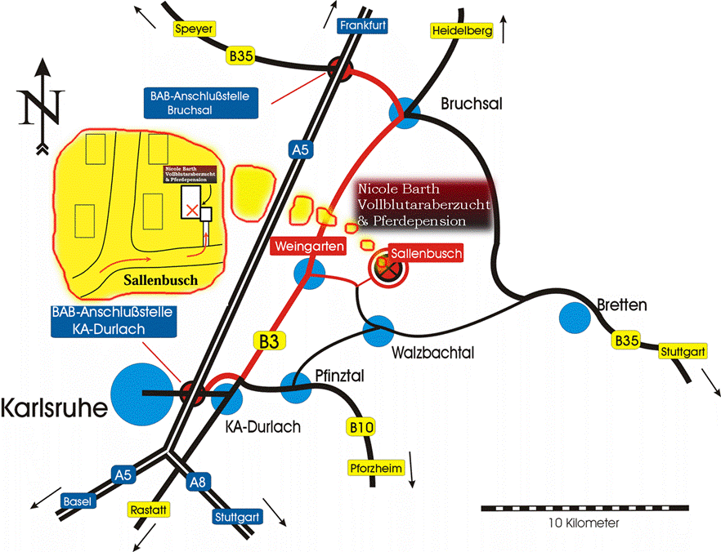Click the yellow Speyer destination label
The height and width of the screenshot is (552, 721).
[195, 29]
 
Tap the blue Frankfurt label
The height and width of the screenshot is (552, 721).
[362, 26]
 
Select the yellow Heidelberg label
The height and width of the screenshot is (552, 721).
[460, 31]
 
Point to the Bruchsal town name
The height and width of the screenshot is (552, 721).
[471, 105]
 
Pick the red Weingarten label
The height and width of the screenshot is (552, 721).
[309, 246]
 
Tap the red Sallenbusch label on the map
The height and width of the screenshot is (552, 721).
[425, 253]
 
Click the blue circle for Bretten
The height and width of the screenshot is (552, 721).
[572, 317]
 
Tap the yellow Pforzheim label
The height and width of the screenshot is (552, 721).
[374, 469]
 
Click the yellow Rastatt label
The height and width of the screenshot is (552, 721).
[148, 510]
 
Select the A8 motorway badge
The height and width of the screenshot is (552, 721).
[197, 482]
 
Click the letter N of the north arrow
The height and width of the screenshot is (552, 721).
[43, 106]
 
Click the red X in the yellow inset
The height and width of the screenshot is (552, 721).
[191, 210]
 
